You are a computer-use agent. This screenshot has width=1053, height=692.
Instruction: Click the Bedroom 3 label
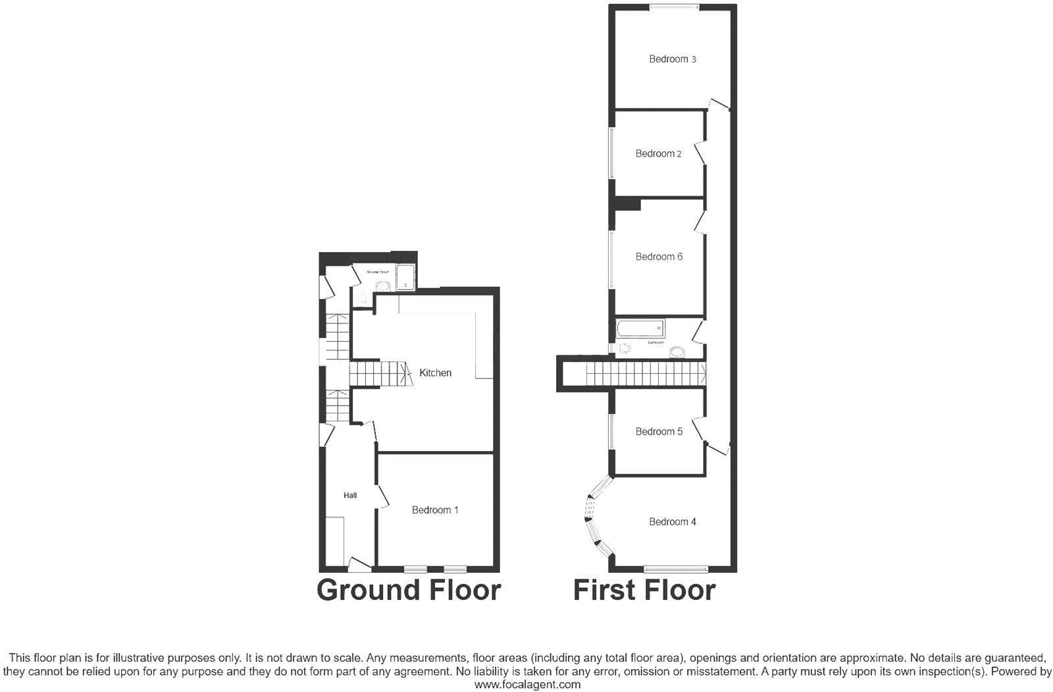pyautogui.click(x=672, y=59)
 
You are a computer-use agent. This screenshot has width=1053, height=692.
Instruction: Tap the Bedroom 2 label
pyautogui.click(x=658, y=154)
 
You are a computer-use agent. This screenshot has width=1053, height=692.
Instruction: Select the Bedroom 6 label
pyautogui.click(x=659, y=257)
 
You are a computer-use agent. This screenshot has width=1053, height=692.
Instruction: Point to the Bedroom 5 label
pyautogui.click(x=659, y=432)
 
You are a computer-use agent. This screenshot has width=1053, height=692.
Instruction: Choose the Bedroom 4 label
pyautogui.click(x=672, y=522)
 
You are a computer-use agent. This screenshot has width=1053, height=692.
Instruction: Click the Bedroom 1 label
pyautogui.click(x=435, y=510)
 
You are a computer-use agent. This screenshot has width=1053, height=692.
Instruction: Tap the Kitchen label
pyautogui.click(x=435, y=373)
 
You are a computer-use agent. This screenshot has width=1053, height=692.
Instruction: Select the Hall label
pyautogui.click(x=350, y=495)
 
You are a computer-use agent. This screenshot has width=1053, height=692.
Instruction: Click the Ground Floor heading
pyautogui.click(x=409, y=590)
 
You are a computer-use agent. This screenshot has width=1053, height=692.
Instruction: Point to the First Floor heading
pyautogui.click(x=644, y=590)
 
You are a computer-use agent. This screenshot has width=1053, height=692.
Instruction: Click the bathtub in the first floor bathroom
pyautogui.click(x=640, y=329)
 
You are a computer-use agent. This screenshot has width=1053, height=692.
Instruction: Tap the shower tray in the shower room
pyautogui.click(x=405, y=277)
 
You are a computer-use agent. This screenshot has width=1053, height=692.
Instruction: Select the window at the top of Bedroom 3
pyautogui.click(x=675, y=7)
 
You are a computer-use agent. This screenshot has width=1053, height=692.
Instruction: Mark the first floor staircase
pyautogui.click(x=645, y=375)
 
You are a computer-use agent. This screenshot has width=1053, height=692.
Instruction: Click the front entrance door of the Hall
pyautogui.click(x=359, y=564)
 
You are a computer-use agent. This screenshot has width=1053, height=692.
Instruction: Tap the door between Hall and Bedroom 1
pyautogui.click(x=380, y=497)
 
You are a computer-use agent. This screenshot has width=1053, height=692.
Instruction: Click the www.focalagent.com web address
pyautogui.click(x=527, y=685)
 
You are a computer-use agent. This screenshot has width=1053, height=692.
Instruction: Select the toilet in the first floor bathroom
pyautogui.click(x=622, y=348)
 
